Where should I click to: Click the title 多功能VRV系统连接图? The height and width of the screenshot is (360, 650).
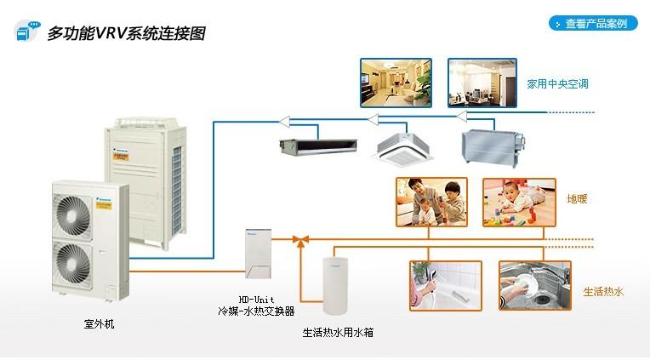coord(124,34)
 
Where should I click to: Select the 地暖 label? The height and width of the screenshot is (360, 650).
coord(578,199)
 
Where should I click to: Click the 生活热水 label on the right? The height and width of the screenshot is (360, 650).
coord(603,291)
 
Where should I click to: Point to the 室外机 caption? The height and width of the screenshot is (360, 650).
coord(98,324)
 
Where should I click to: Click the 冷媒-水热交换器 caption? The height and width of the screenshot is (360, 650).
coord(254,311)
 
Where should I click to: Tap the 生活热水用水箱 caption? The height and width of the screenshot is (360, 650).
coord(337,333)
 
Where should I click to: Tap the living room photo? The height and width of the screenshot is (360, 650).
coord(396,83)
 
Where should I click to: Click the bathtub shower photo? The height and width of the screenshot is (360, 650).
coord(442,285)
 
